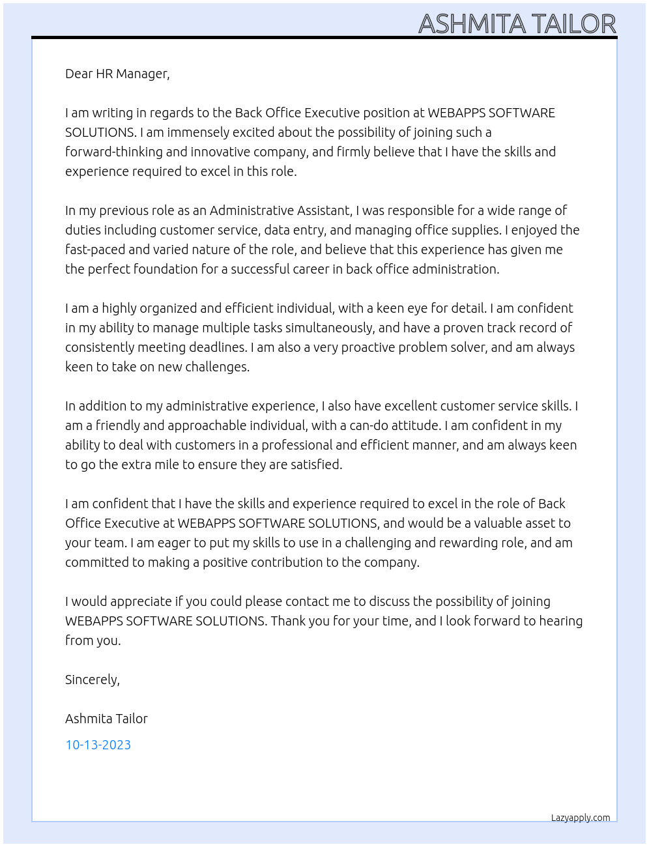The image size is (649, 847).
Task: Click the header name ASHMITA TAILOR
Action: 517,24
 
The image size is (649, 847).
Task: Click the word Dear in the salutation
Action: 79,74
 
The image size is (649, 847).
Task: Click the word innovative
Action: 248,152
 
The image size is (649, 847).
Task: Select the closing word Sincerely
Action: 92,680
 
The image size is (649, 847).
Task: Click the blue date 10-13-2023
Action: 98,745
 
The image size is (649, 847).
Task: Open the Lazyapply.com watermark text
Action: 581,818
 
